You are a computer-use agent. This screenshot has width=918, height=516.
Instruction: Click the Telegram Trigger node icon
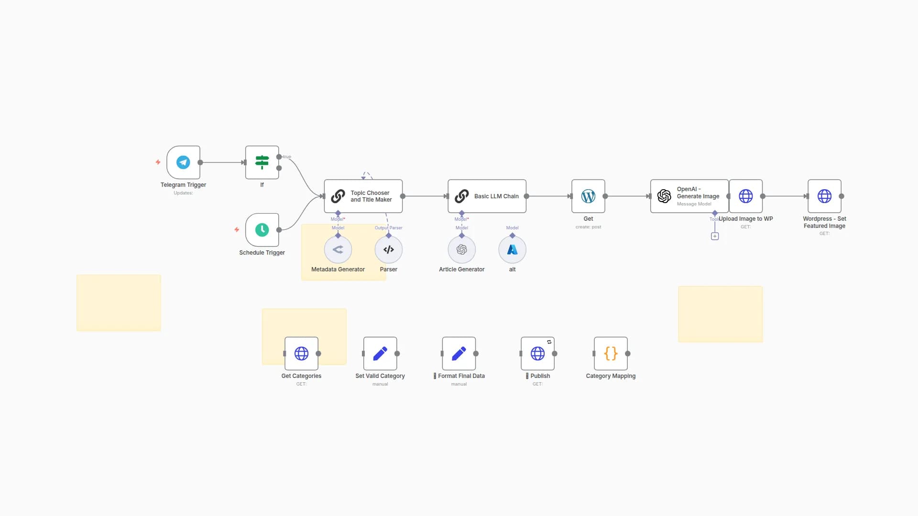[x=183, y=162]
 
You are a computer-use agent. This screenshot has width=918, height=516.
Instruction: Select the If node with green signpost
[x=262, y=162]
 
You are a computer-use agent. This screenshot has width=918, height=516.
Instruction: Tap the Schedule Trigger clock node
[x=262, y=230]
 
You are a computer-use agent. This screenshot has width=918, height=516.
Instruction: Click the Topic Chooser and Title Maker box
[x=363, y=196]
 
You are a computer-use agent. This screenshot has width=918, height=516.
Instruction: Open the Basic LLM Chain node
[x=487, y=196]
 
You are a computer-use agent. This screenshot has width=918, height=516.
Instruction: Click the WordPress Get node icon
[x=588, y=196]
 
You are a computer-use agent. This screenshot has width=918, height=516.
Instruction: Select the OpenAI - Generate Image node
[x=689, y=196]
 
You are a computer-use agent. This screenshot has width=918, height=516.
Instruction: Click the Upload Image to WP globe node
[x=746, y=196]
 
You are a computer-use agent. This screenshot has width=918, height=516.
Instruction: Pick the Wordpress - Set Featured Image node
[x=824, y=196]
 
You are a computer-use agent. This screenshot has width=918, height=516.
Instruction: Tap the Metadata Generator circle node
[x=338, y=250]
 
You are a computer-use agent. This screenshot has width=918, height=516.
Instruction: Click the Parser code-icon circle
[x=389, y=250]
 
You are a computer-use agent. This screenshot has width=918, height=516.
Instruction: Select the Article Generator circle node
[x=462, y=250]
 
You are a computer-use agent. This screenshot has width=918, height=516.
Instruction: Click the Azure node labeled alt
[x=513, y=250]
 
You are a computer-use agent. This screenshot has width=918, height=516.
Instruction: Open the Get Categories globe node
[x=302, y=354]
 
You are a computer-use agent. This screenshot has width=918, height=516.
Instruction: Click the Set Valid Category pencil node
[x=380, y=354]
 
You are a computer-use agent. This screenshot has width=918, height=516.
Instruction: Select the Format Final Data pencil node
[x=459, y=354]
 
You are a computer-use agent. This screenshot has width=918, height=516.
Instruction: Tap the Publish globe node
[x=537, y=354]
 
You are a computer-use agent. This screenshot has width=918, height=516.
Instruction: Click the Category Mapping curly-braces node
[x=611, y=354]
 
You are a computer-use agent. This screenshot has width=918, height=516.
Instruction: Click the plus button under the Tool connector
[x=715, y=236]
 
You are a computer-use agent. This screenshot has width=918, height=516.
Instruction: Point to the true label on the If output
[x=287, y=157]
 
